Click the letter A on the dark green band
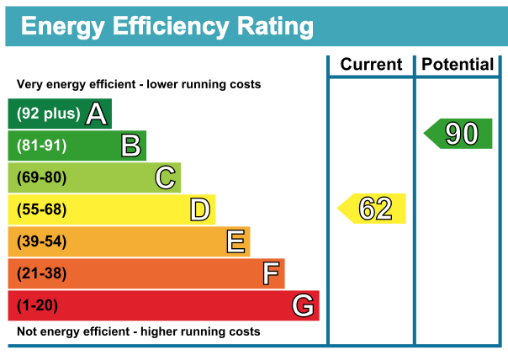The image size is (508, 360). (x=96, y=114)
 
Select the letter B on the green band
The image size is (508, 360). (x=130, y=146)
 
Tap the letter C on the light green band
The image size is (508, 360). (x=166, y=177)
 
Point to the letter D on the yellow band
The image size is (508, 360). (x=199, y=209)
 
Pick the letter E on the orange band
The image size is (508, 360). (x=235, y=241)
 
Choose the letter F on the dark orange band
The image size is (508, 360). (x=271, y=273)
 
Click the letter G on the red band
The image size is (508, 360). (x=304, y=305)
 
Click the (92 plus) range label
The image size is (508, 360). (x=49, y=114)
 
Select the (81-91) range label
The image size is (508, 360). (x=41, y=146)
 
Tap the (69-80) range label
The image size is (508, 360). (x=41, y=177)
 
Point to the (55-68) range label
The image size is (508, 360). (x=41, y=209)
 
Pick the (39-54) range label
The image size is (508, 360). (x=41, y=241)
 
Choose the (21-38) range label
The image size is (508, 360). (x=41, y=273)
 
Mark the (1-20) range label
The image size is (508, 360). (x=38, y=305)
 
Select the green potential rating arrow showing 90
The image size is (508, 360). (x=459, y=134)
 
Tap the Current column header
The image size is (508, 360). (x=371, y=65)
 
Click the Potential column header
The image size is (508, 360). (x=458, y=65)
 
